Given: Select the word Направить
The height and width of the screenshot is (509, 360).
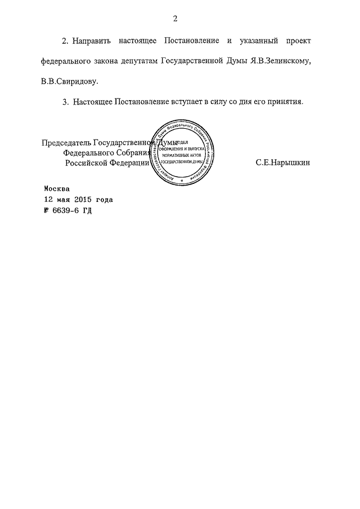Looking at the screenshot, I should (x=92, y=42).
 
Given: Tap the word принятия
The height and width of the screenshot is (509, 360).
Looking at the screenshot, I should (x=286, y=102).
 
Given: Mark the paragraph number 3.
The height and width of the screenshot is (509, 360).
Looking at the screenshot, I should (x=65, y=102).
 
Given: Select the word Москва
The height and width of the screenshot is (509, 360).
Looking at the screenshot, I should (x=58, y=189).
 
